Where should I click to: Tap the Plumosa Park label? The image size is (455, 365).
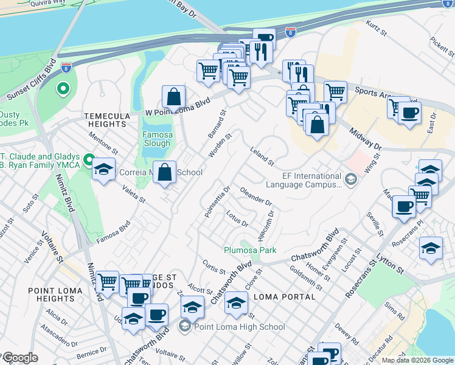click(x=250, y=250)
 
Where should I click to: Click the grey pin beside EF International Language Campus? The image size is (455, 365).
click(x=350, y=179)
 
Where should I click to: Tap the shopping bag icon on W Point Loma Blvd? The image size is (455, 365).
click(x=174, y=96)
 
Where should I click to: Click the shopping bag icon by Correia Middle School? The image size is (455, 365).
click(x=165, y=172)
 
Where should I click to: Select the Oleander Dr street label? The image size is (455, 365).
click(x=255, y=196)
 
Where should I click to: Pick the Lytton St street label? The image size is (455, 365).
click(x=391, y=263)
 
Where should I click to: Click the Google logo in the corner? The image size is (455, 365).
click(x=20, y=358)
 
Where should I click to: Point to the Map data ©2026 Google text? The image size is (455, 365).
click(x=417, y=360)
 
